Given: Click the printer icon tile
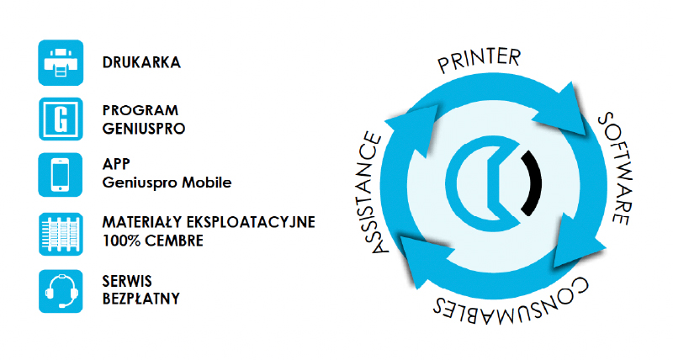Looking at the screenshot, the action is click(x=61, y=62).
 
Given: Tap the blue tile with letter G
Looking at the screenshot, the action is click(x=61, y=119).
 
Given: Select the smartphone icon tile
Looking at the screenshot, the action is click(x=60, y=175).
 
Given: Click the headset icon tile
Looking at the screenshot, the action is click(x=61, y=291).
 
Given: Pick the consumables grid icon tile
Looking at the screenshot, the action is click(x=61, y=235).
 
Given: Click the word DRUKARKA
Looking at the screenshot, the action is click(x=141, y=62).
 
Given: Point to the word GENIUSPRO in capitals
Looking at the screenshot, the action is click(x=144, y=129).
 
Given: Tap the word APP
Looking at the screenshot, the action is click(x=116, y=164).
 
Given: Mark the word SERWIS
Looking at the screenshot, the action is click(x=127, y=282).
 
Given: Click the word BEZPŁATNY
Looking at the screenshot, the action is click(x=141, y=299).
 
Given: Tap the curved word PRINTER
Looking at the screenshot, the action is click(x=480, y=60).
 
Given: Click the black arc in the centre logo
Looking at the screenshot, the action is click(x=532, y=183).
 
